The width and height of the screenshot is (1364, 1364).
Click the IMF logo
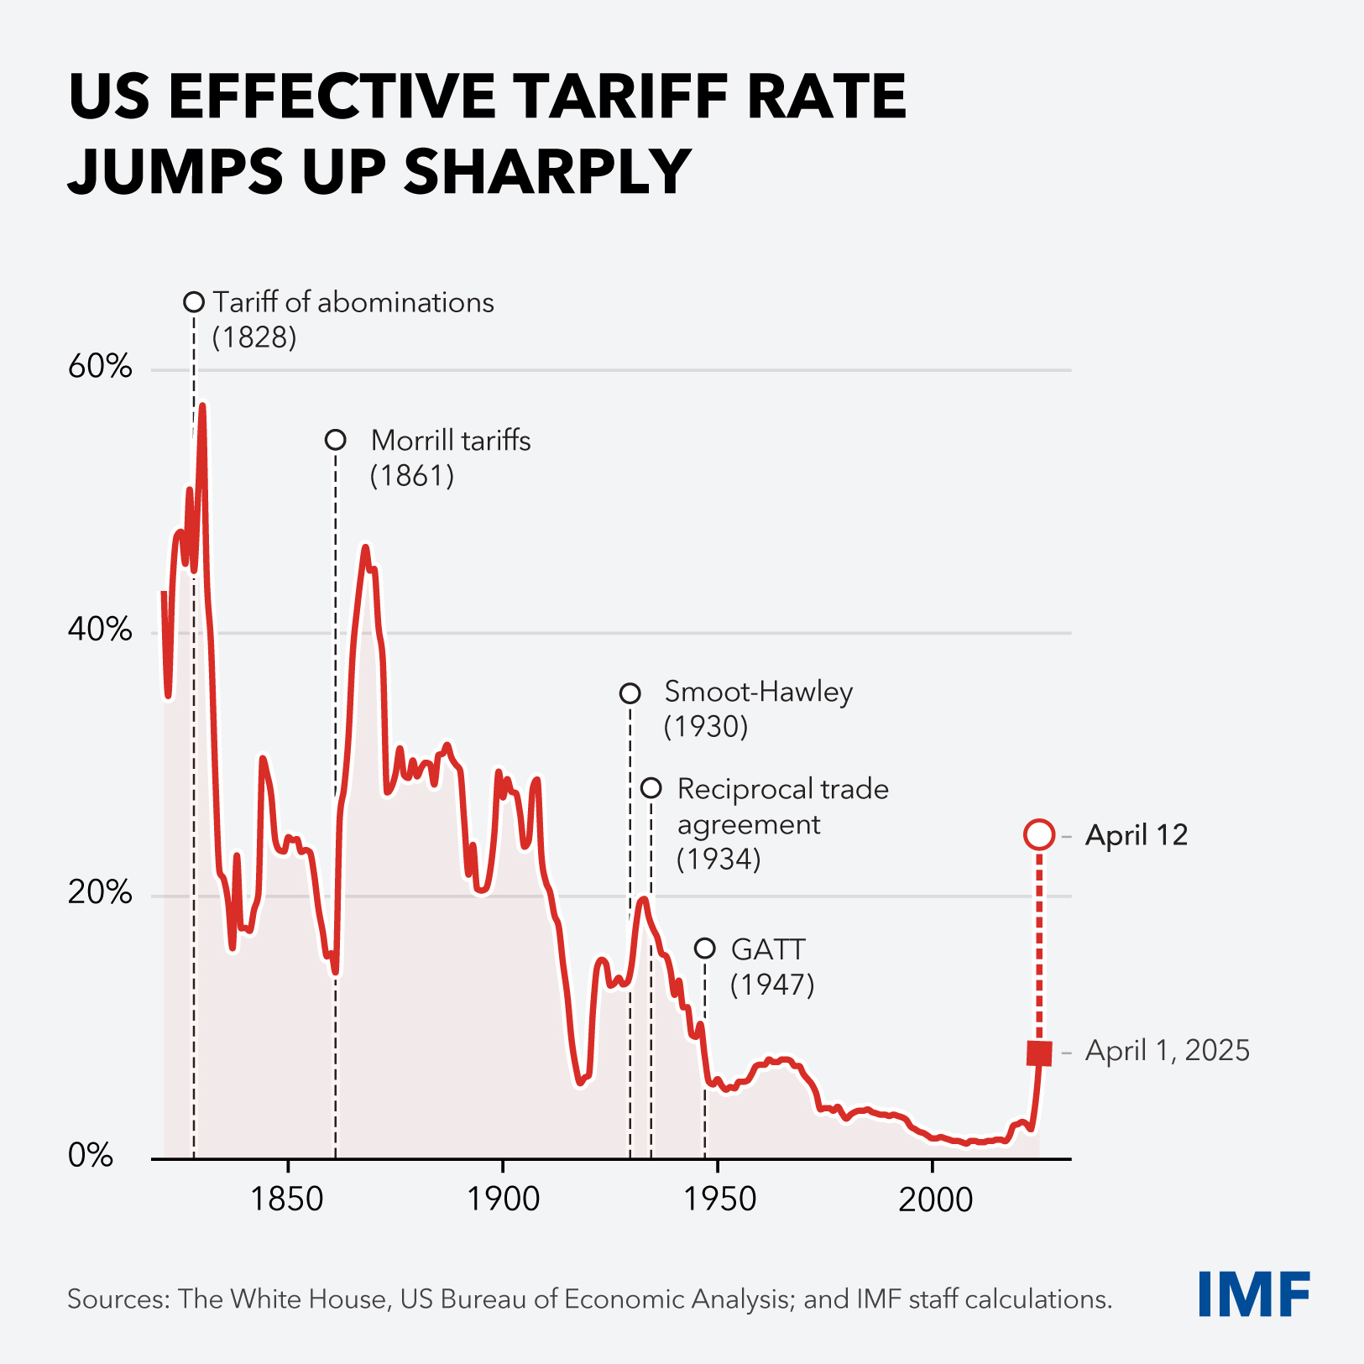1254,1294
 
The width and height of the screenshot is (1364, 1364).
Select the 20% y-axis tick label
100,893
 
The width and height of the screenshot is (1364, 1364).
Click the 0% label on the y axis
91,1156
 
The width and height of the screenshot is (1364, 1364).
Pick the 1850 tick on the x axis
287,1199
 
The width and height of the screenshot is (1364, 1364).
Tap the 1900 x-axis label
503,1199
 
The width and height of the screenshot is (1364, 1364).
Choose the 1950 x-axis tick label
719,1199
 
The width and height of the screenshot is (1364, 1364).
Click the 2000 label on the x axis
935,1199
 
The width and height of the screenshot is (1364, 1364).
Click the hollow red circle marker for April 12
1039,835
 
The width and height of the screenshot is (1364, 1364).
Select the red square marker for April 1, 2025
1039,1053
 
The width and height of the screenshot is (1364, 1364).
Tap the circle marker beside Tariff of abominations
194,302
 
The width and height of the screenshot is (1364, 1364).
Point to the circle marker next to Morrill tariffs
336,440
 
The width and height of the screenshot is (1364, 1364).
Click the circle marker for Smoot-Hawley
630,693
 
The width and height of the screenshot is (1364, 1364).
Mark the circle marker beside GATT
705,949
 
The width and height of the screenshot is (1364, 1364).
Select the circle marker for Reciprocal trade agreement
651,788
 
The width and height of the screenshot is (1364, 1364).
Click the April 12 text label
1137,835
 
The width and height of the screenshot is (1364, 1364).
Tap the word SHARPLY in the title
547,170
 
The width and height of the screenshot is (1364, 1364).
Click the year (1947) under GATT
772,985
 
